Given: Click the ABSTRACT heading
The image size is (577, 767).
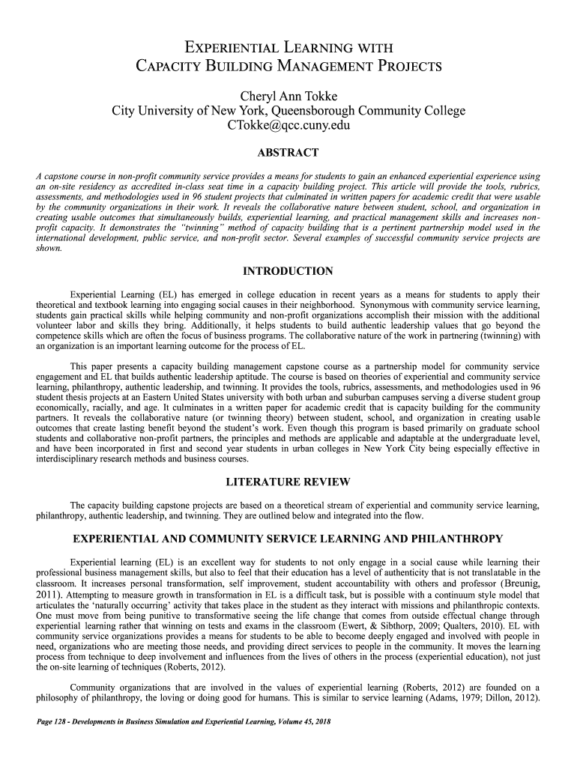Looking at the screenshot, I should point(288,153).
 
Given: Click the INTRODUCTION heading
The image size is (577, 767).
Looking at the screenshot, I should point(288,270).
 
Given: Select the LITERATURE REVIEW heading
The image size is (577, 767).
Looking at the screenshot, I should point(288,480).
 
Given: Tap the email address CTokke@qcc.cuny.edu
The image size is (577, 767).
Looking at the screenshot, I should point(288,126).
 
